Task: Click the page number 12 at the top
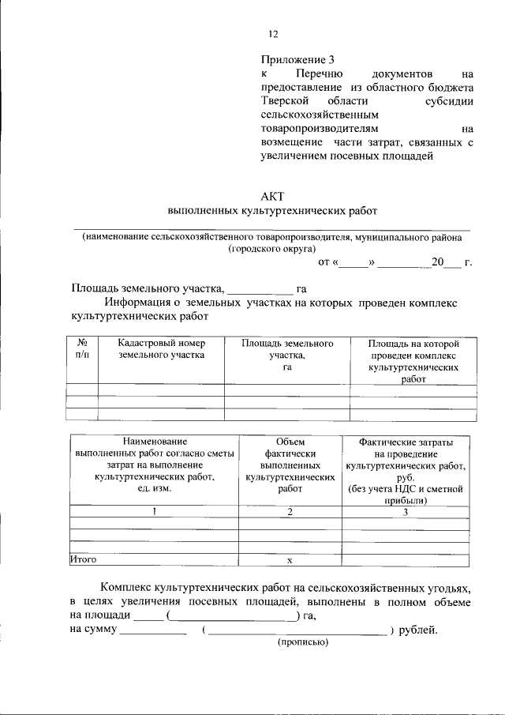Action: (274, 33)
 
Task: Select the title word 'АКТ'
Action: (273, 195)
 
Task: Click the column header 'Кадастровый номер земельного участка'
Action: (161, 349)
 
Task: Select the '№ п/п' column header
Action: (82, 349)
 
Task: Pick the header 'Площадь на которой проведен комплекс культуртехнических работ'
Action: (413, 361)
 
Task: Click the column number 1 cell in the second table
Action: (155, 512)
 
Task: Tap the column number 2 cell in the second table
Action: (290, 512)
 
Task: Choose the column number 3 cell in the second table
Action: (405, 512)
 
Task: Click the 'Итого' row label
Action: (84, 559)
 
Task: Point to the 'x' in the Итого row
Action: (290, 560)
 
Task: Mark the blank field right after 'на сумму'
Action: (154, 630)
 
